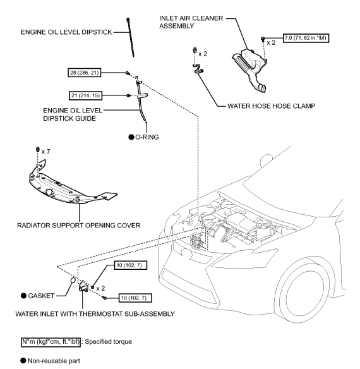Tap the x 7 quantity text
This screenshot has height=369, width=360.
(x=46, y=152)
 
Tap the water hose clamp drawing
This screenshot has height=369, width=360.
(x=198, y=68)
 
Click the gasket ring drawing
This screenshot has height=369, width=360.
(x=73, y=281)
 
